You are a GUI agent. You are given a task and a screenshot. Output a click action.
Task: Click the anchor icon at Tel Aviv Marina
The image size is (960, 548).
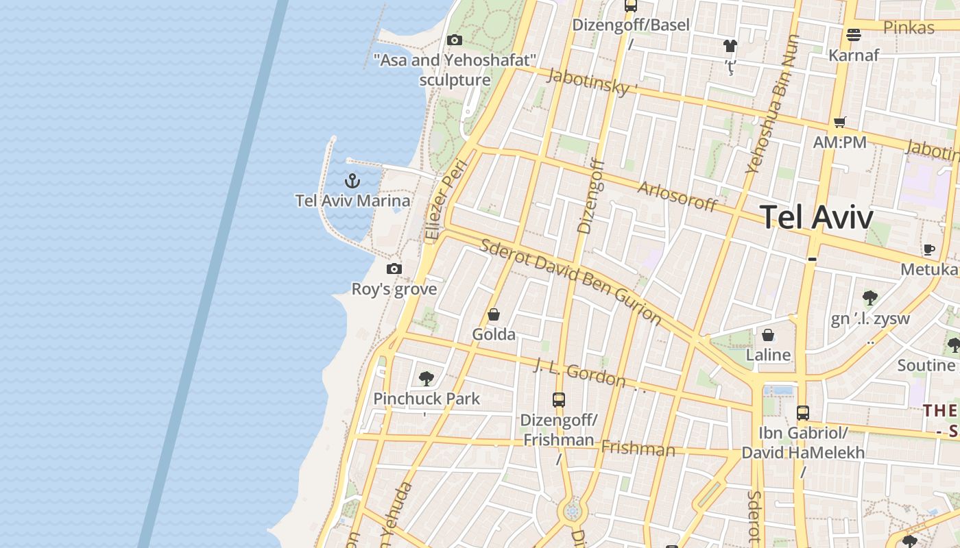tap(352, 181)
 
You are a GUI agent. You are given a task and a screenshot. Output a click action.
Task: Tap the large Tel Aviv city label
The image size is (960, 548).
tap(817, 218)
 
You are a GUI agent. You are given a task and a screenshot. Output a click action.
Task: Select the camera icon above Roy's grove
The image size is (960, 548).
tap(394, 269)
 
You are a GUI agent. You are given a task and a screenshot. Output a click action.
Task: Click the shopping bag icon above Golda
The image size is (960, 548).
tap(494, 314)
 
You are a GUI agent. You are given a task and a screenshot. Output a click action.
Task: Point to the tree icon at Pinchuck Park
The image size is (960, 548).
tap(427, 378)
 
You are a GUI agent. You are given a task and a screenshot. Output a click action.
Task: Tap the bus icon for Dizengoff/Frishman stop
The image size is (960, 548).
tap(559, 399)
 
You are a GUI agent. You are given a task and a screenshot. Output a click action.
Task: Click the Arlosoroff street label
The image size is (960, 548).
tap(677, 197)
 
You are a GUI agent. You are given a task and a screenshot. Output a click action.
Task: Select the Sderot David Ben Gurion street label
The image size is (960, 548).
tap(571, 281)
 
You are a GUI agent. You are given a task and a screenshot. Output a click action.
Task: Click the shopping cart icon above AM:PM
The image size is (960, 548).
tap(840, 123)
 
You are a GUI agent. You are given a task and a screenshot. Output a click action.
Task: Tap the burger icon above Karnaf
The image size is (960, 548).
tap(854, 34)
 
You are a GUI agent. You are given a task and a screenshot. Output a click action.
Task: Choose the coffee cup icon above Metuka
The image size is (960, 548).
tap(929, 249)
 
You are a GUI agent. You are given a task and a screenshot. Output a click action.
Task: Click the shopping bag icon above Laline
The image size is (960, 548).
tap(768, 335)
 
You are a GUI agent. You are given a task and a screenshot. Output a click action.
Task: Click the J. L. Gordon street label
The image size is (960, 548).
tap(580, 374)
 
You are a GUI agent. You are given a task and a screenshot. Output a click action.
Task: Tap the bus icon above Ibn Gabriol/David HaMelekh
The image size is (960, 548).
tap(803, 413)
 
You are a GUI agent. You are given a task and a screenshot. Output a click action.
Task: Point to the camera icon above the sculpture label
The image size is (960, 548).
tap(454, 40)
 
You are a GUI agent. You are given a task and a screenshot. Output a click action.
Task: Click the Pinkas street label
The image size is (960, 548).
tap(909, 27)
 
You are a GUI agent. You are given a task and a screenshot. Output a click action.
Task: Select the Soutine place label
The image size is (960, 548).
tap(926, 365)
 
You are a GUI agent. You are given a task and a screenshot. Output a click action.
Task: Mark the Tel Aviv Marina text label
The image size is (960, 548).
tap(353, 201)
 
